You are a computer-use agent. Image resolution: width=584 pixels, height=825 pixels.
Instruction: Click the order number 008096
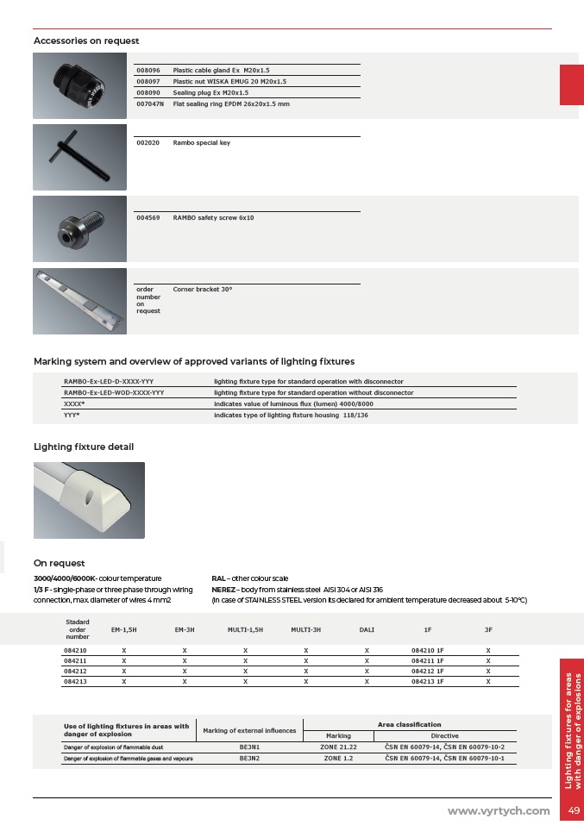148,70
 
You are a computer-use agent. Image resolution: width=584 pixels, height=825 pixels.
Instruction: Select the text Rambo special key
201,142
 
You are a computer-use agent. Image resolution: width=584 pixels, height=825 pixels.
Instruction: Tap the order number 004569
148,218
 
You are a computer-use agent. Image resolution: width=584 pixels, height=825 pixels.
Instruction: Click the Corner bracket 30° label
203,290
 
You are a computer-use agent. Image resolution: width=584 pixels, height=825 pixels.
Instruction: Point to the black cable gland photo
79,85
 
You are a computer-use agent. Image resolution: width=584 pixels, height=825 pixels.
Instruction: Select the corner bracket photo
79,301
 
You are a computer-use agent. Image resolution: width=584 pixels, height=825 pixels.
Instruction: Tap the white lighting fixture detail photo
89,500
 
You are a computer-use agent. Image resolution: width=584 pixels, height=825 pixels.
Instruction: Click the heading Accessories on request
86,41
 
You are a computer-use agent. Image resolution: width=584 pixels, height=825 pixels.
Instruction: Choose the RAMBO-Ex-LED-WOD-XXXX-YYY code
114,392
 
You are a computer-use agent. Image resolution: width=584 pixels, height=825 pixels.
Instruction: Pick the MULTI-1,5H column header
245,630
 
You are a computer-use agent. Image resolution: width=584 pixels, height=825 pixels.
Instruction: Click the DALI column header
367,630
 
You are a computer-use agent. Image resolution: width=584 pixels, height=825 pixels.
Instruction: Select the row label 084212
75,670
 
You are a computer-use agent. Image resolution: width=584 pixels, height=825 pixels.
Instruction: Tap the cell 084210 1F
427,649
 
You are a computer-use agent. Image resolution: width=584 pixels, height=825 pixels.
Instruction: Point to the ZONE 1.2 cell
338,759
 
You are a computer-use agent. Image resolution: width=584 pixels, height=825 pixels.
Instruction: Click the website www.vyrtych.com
498,810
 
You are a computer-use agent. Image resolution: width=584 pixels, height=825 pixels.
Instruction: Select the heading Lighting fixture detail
84,447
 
